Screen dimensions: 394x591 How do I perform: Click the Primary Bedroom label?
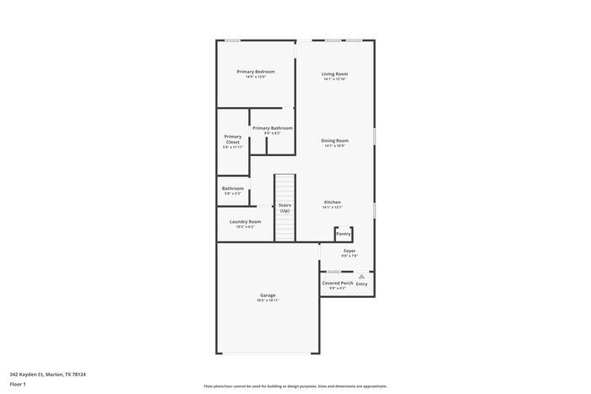click(255, 72)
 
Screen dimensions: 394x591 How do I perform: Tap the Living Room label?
click(334, 74)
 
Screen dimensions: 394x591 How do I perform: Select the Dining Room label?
click(334, 141)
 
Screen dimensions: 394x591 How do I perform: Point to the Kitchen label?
click(333, 202)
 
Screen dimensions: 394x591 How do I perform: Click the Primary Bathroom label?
click(272, 128)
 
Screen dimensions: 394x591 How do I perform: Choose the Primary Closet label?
click(233, 139)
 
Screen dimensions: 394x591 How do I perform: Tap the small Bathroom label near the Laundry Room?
click(233, 188)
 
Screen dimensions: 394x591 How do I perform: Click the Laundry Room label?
click(245, 222)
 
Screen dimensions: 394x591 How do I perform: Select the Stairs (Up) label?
click(285, 208)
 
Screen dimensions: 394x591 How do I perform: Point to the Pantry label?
click(344, 234)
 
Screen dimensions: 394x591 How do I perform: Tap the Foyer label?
click(350, 251)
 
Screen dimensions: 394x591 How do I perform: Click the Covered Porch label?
click(337, 283)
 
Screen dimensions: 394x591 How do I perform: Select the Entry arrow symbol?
click(361, 276)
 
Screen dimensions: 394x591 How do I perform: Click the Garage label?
click(268, 295)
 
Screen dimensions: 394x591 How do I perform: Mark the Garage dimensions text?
click(268, 300)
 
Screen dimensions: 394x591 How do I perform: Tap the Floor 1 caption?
click(18, 385)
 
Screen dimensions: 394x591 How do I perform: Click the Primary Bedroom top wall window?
click(232, 40)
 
